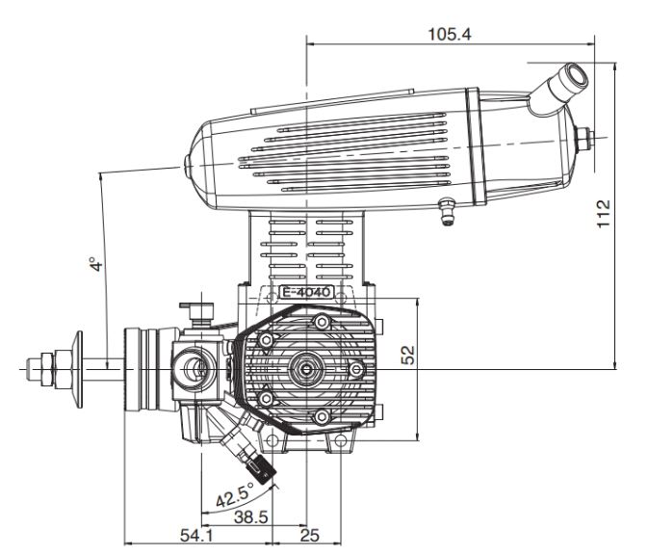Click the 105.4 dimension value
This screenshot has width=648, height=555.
[x=450, y=35]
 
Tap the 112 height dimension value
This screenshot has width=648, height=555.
[x=604, y=213]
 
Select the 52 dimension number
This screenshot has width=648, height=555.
[x=408, y=355]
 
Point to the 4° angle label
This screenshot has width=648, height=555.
[x=95, y=264]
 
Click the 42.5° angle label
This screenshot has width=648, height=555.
[x=235, y=494]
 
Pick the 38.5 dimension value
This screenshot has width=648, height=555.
[x=251, y=517]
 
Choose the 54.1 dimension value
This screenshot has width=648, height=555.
[x=196, y=536]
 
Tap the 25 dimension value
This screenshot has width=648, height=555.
[x=309, y=536]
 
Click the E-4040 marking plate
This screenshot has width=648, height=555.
[x=306, y=292]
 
